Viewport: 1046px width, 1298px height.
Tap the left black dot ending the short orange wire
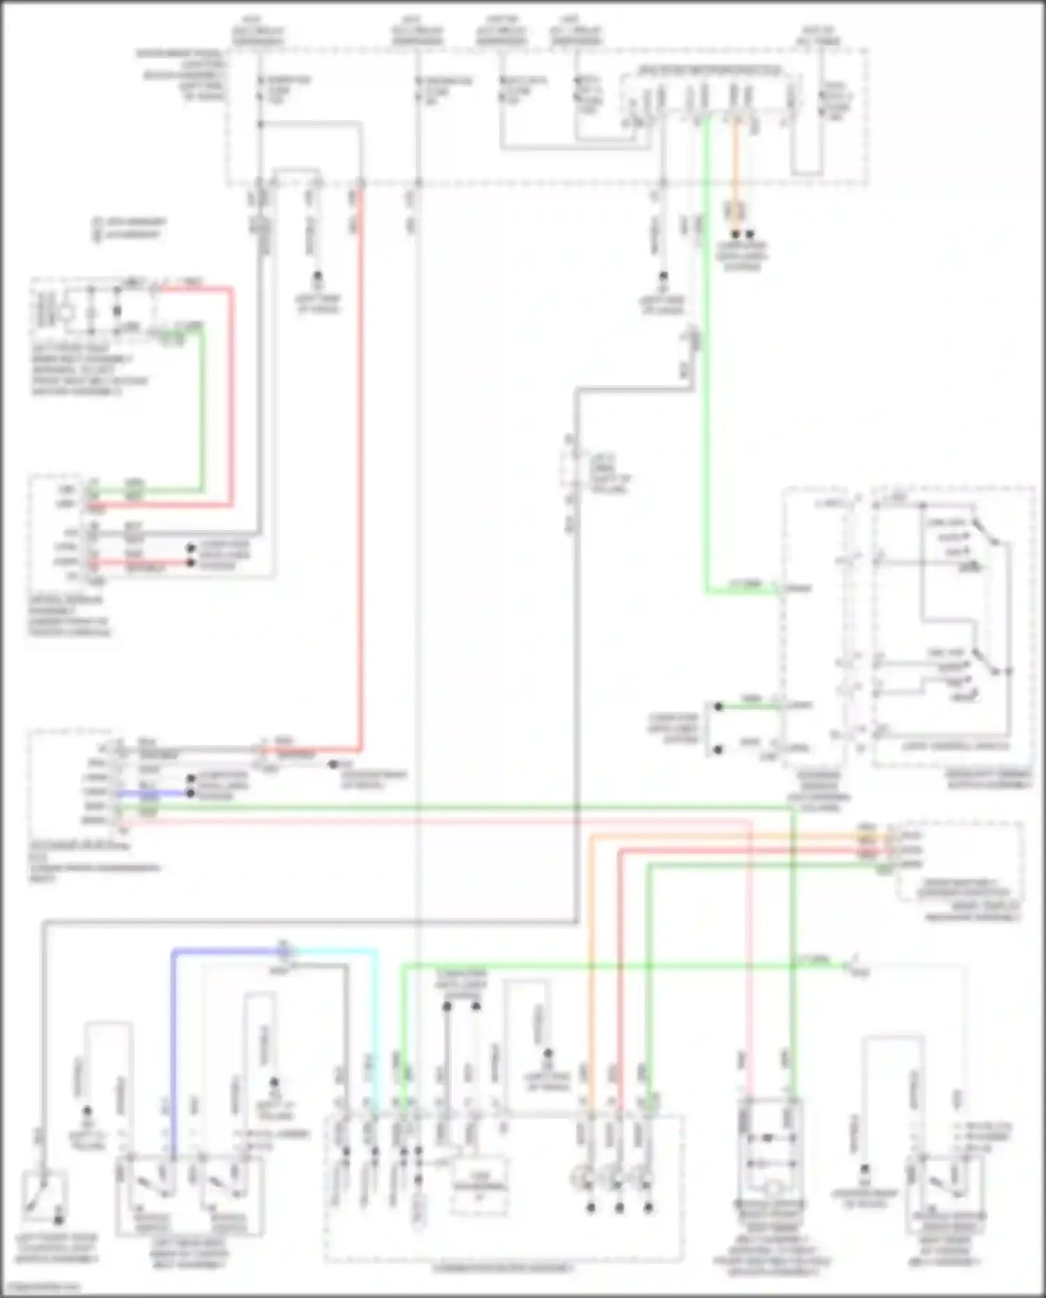(735, 234)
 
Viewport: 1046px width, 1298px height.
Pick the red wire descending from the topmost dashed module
(361, 488)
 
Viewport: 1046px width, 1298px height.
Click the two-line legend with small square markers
(129, 228)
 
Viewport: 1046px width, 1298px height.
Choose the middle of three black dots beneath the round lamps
(619, 1207)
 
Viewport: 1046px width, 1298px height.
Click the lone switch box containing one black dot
(44, 1199)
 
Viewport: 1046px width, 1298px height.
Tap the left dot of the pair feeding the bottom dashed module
(446, 1006)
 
